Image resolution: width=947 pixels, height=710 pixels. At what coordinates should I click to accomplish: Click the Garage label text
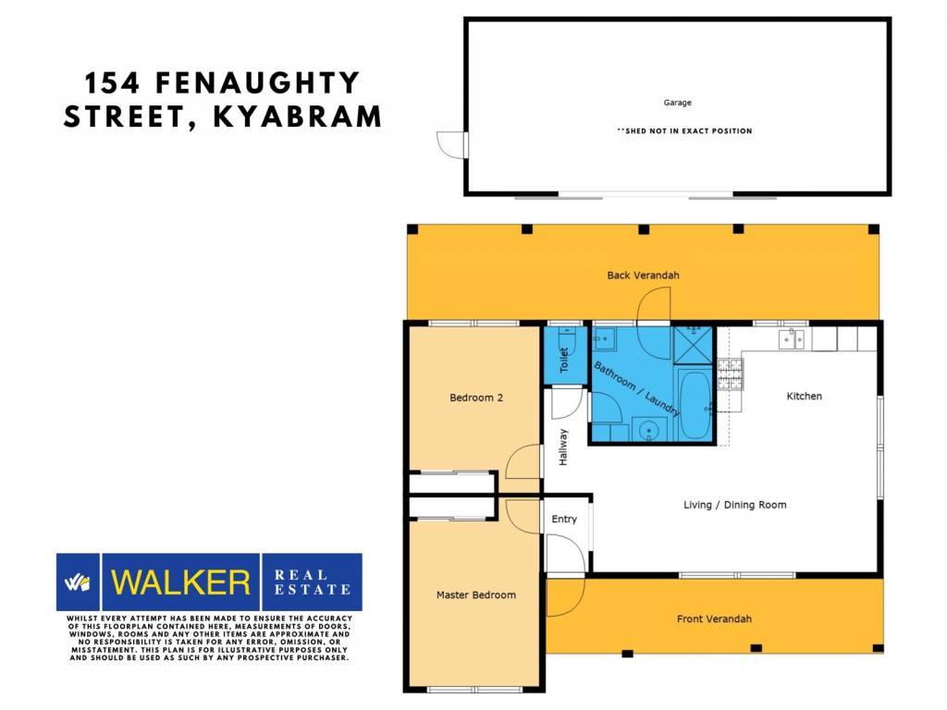678,103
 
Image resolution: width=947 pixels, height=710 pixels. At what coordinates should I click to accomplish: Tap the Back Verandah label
644,275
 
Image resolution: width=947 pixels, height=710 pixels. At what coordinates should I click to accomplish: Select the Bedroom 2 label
476,398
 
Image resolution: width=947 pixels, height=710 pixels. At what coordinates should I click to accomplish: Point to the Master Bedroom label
476,594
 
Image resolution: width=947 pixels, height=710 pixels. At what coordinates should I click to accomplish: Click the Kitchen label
804,396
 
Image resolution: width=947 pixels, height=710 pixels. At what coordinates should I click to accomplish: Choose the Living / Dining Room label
735,505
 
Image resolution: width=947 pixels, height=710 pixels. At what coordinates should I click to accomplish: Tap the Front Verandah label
714,618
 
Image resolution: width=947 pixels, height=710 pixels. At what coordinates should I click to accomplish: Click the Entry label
564,520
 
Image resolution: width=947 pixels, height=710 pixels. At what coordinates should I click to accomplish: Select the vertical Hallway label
563,447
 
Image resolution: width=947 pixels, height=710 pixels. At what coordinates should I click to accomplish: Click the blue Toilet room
566,355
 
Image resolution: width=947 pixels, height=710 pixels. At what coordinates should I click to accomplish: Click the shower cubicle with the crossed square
694,346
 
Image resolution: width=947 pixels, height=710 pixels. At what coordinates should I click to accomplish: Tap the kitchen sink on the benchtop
792,339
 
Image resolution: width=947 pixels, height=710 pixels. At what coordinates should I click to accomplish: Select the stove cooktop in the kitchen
731,373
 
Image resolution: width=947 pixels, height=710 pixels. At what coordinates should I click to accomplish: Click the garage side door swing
451,145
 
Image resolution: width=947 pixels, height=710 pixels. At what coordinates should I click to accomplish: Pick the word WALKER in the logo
180,582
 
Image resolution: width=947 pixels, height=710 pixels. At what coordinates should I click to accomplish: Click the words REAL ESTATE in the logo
313,582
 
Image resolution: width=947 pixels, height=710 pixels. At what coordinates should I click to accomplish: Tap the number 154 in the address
112,82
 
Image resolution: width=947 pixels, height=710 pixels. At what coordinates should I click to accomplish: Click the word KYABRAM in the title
297,116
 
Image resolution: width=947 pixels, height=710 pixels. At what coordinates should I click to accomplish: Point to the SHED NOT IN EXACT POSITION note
684,130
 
